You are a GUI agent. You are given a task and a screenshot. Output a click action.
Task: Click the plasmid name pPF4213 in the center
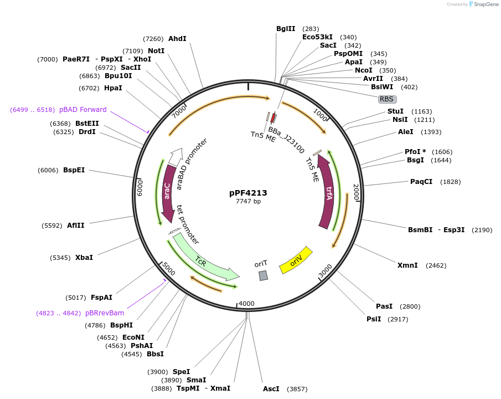point(248,193)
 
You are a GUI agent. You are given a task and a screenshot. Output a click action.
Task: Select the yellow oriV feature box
point(296,260)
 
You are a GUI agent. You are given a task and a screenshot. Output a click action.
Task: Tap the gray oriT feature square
point(264,275)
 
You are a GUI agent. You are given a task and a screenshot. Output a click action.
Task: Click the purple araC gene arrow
point(168,191)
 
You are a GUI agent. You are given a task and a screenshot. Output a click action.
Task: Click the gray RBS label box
point(388,99)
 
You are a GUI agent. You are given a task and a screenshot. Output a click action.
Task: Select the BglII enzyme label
point(286,29)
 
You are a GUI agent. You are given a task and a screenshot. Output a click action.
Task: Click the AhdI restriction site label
point(177,39)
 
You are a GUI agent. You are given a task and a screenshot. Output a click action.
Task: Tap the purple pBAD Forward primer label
point(82,110)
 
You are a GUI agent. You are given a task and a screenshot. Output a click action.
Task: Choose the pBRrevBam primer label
point(105,313)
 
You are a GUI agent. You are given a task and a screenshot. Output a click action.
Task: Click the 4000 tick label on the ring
point(247,303)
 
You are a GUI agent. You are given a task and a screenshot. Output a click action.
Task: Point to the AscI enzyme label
point(271,389)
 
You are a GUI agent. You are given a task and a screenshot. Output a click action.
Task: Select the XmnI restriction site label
point(407,265)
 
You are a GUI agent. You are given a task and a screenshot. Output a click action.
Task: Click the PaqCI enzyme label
point(421,182)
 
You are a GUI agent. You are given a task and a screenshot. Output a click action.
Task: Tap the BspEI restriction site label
point(74,170)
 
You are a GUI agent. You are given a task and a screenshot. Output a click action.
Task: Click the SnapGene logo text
point(486,4)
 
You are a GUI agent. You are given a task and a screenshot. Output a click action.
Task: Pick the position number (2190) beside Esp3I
point(482,230)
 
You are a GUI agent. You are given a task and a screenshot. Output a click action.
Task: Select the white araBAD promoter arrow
point(175,157)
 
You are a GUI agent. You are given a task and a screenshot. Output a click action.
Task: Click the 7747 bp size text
point(248,201)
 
